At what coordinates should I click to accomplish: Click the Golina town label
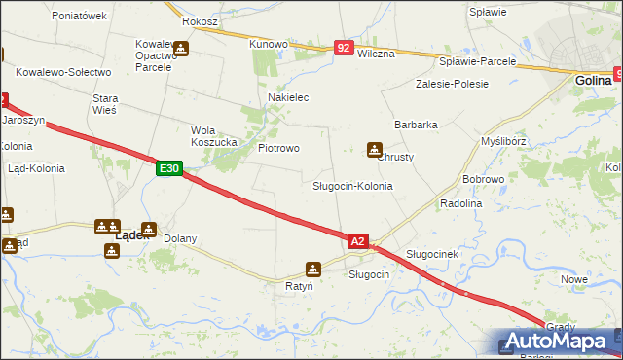coord(593,81)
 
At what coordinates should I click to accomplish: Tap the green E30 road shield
coord(168,168)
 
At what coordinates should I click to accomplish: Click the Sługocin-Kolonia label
coord(352,185)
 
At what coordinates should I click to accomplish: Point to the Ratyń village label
coord(299,287)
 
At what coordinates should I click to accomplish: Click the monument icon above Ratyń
coord(313,269)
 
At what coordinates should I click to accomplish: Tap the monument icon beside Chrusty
coord(375,149)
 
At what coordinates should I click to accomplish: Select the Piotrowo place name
coord(278,148)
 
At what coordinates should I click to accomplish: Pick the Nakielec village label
coord(288,97)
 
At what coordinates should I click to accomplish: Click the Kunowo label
coord(269,44)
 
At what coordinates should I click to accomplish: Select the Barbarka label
coord(416,125)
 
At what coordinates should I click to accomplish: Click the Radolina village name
coord(461,203)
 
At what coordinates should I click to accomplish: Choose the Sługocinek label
coord(431,253)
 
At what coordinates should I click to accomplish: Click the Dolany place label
coord(180,238)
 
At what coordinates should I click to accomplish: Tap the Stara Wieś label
coord(104,104)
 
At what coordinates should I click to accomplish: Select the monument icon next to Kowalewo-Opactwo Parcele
coord(181,48)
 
